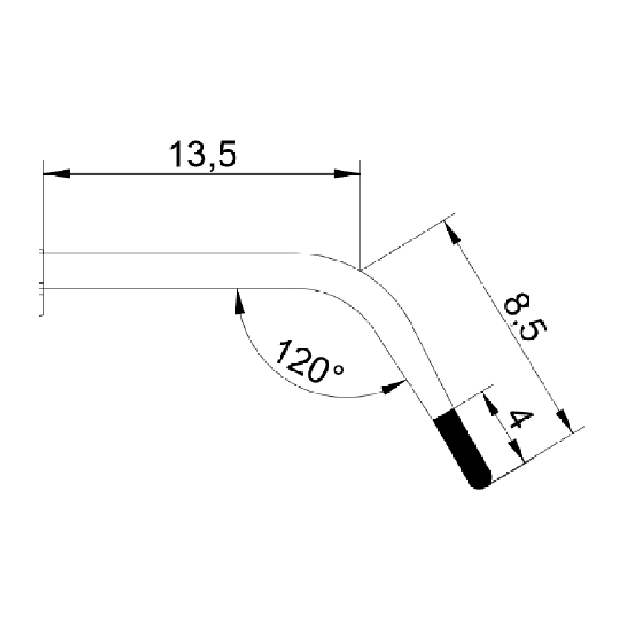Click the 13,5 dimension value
coord(202,155)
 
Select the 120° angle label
coord(309,363)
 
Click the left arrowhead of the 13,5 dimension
coord(56,174)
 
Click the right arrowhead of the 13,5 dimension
coord(347,174)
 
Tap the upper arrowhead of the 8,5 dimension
coord(452,231)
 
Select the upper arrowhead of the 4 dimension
coord(490,404)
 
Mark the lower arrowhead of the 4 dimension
coord(516,450)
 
